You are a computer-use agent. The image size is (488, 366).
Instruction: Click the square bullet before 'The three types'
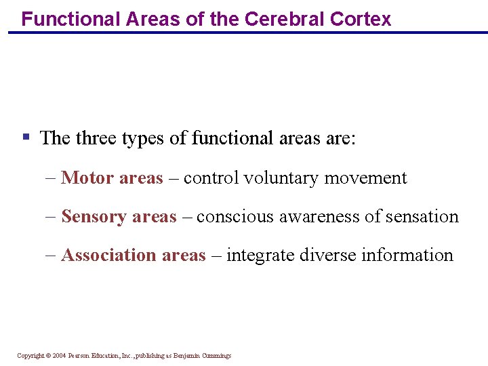[26, 137]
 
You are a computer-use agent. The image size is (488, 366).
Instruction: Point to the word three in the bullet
[95, 138]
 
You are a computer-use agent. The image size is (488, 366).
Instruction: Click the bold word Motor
[87, 178]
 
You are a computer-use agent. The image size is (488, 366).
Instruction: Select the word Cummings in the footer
[216, 356]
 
